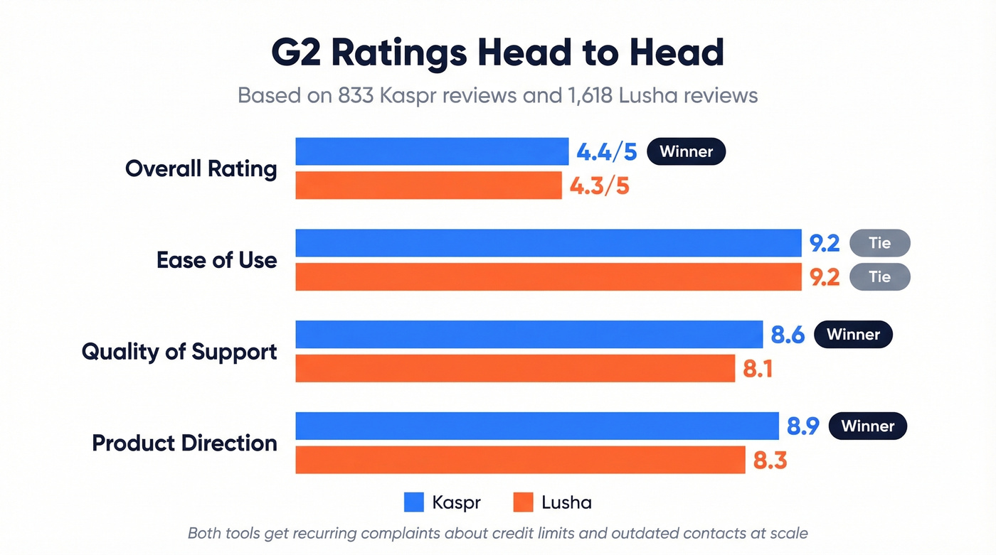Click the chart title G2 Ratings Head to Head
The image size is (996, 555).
497,53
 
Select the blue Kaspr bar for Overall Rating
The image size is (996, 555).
432,151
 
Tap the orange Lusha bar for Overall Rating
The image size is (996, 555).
428,185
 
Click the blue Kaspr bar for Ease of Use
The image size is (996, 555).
548,243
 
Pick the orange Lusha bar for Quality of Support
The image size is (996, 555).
515,369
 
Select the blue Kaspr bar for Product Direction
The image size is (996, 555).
537,426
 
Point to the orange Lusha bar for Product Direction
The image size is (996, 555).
520,460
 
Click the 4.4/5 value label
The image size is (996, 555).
606,152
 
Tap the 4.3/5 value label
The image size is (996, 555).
599,186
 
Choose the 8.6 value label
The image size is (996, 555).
787,335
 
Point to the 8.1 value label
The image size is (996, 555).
758,369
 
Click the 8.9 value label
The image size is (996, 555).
802,426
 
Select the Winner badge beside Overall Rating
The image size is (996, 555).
686,152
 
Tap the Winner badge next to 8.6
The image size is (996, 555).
853,335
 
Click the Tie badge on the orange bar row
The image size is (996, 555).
879,277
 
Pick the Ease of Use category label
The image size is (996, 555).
216,260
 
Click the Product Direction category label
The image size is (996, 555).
184,443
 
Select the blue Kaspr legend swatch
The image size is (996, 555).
414,502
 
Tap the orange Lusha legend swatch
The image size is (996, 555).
523,502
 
